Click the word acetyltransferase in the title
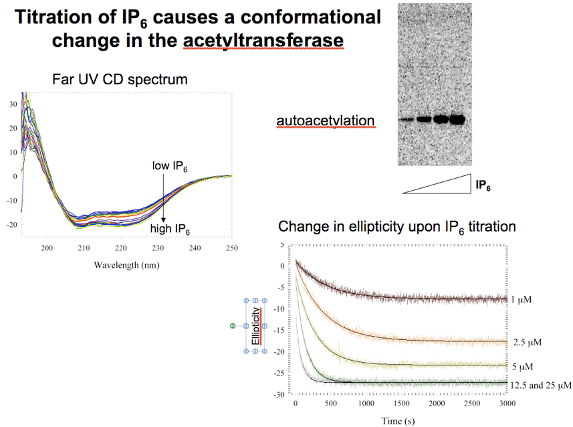pos(263,40)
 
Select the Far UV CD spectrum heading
pos(120,80)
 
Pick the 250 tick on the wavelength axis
pos(231,249)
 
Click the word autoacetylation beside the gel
pos(325,120)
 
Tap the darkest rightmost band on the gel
pos(457,120)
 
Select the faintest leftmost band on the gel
pos(406,120)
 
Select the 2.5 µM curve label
pos(527,342)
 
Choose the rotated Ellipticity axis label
pos(255,327)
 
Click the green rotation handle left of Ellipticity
pos(233,326)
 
